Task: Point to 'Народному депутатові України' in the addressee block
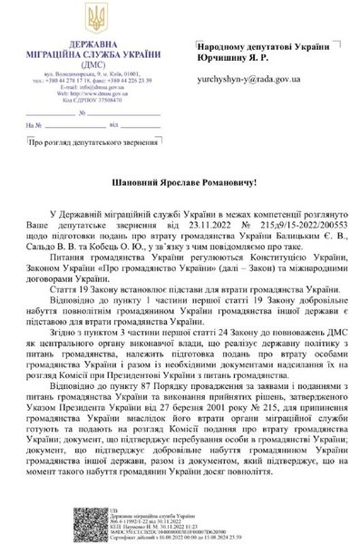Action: pos(249,44)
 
